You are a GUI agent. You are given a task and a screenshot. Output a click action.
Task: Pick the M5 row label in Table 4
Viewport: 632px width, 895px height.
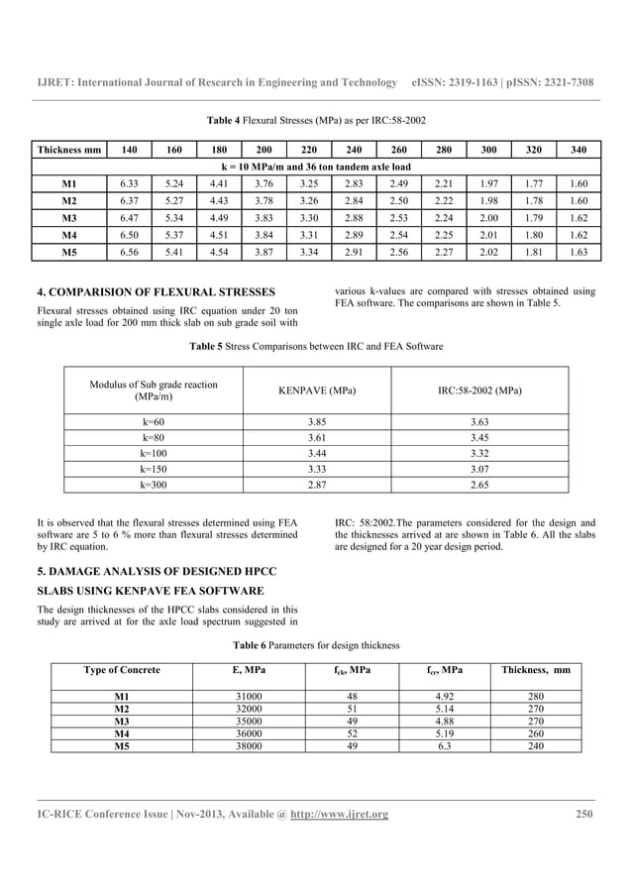point(68,254)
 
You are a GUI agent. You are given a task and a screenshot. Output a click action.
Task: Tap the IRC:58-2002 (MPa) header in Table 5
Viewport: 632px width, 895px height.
point(479,391)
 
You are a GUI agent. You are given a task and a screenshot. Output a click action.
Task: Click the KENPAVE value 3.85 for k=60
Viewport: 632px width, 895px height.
point(317,421)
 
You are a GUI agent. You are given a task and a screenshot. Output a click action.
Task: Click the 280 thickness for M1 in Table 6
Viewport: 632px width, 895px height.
point(536,696)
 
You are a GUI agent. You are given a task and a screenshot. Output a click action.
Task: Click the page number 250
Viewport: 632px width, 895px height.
point(584,815)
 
